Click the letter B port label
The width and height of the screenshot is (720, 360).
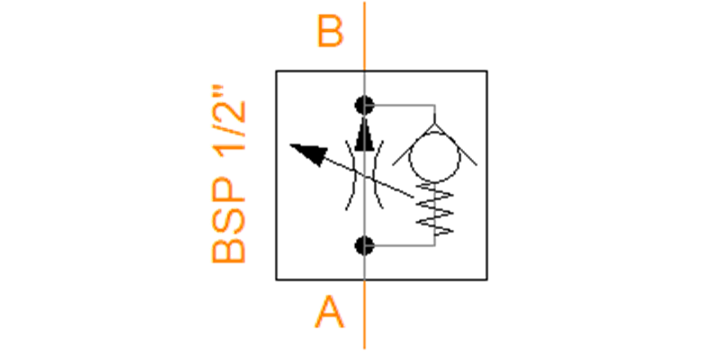coord(330,31)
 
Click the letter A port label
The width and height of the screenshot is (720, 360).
coord(329,311)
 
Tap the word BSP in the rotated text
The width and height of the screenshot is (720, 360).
coord(229,220)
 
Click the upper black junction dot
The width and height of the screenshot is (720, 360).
coord(365,105)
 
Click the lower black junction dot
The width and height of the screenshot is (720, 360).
coord(365,246)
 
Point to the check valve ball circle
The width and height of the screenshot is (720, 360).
coord(434,133)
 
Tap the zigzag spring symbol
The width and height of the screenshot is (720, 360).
coord(434,209)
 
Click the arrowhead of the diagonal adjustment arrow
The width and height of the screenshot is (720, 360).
coord(311,154)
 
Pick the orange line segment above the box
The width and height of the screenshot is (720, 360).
coord(365,36)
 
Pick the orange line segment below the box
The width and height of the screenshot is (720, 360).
coord(365,314)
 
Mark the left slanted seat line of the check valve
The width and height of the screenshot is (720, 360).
coord(413,145)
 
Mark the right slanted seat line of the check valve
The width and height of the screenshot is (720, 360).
coord(456,145)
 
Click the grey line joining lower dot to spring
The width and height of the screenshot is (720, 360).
coord(404,246)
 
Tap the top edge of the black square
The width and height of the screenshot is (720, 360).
coord(382,71)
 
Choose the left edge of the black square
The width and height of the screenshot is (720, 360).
coord(276,175)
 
